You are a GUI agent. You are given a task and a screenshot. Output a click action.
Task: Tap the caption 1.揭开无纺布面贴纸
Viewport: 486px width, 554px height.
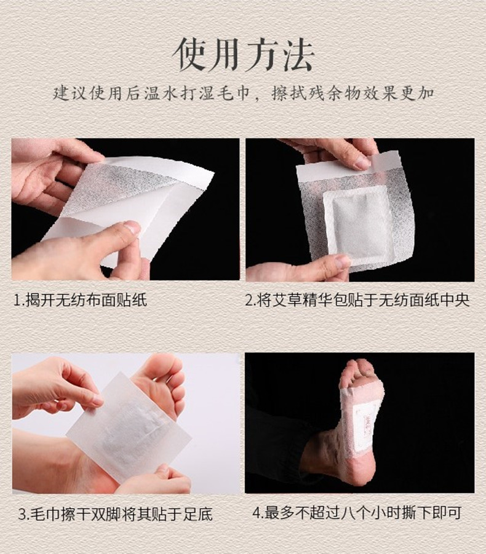coord(80,300)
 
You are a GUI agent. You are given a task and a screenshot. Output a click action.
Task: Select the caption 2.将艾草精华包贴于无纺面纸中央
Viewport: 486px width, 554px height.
coord(357,300)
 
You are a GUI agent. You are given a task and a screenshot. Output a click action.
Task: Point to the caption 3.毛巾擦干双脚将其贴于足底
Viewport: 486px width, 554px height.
coord(115,515)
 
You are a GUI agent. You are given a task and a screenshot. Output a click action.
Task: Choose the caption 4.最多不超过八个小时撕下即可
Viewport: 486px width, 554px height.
coord(357,513)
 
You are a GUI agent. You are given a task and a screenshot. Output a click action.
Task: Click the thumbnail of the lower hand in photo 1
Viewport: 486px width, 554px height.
coord(133,228)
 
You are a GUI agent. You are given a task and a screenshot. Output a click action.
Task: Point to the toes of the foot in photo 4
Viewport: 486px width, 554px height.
coord(357,369)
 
